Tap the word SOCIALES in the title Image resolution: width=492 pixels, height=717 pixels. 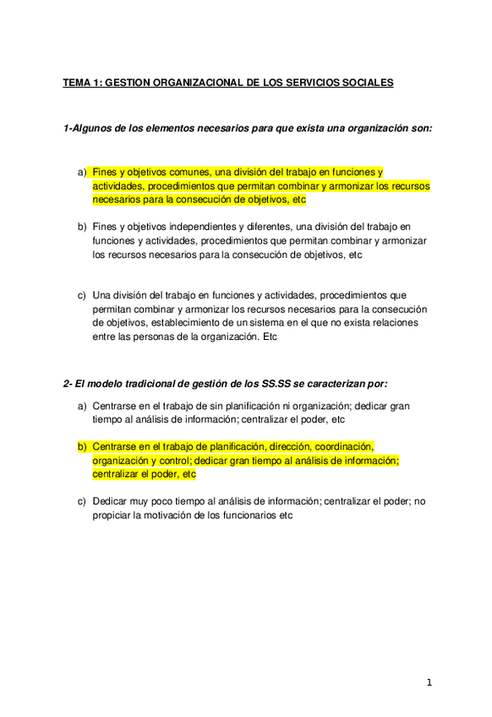click(365, 83)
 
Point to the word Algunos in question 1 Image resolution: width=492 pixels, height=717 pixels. click(90, 129)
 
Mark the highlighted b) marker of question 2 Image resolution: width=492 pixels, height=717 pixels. click(82, 446)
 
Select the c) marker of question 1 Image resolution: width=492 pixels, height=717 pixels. click(82, 295)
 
